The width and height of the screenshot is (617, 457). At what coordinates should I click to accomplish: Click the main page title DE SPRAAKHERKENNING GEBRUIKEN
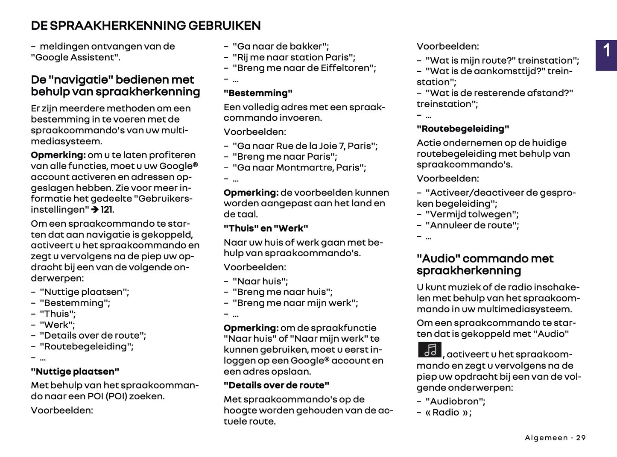(146, 26)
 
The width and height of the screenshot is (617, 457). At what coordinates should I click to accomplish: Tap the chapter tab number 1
(606, 51)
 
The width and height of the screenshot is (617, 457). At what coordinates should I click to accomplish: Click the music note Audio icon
(430, 350)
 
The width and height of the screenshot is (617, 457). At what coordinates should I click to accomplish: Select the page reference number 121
(107, 210)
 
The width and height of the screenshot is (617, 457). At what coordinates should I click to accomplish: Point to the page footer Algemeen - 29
(555, 438)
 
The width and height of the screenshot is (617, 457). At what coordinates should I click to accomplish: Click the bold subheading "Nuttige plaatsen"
(75, 372)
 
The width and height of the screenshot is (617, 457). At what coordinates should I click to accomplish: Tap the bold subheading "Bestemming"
(258, 93)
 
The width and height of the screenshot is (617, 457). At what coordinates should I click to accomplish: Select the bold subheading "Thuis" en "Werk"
(266, 228)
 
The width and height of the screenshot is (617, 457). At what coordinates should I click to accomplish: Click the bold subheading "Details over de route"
(276, 385)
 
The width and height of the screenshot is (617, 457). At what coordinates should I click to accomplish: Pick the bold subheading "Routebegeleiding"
(463, 129)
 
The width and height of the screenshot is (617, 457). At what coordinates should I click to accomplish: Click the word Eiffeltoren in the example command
(348, 68)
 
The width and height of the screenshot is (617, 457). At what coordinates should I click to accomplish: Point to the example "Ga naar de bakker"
(280, 46)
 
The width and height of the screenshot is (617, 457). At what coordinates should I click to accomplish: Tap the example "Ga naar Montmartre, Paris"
(299, 167)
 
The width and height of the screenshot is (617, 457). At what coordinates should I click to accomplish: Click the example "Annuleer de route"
(472, 225)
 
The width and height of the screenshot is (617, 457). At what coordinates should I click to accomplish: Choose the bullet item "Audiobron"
(455, 401)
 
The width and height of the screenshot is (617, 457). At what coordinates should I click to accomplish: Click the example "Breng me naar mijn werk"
(295, 303)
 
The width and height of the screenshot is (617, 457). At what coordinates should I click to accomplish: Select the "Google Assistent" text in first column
(75, 58)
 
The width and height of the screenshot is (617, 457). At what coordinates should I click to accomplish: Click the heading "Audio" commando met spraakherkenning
(485, 264)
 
